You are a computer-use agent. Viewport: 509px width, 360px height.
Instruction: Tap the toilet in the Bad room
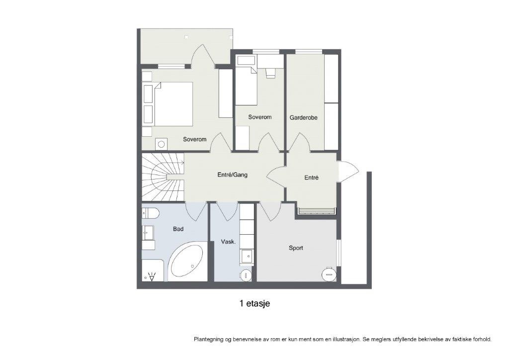click(x=150, y=213)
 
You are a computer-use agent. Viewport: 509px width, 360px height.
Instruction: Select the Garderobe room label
click(x=303, y=118)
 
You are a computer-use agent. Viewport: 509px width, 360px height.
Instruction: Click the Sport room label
click(x=296, y=248)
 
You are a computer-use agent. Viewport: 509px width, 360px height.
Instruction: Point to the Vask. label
click(x=228, y=242)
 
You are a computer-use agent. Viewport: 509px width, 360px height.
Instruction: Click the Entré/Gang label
click(x=232, y=175)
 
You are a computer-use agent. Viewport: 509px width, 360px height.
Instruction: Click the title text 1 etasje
click(x=254, y=303)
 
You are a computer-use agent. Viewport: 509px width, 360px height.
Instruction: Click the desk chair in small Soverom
click(x=270, y=73)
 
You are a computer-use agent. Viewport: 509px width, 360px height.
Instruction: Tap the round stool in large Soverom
click(x=161, y=144)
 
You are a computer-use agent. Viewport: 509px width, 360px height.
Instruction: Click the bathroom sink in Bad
click(x=147, y=232)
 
